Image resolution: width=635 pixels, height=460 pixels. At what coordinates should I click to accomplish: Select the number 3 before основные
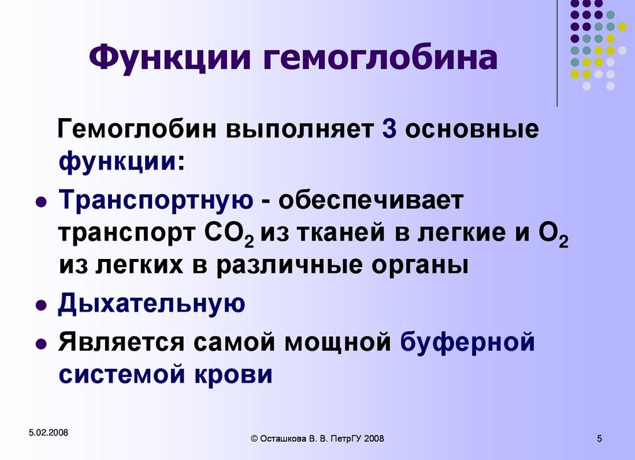(388, 129)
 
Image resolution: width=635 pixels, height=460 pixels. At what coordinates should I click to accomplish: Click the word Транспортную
(157, 200)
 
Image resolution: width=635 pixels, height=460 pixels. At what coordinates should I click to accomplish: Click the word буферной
(468, 342)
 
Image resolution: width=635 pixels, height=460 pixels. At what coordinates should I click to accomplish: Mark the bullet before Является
(40, 345)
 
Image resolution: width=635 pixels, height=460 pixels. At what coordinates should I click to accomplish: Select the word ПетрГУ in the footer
(347, 439)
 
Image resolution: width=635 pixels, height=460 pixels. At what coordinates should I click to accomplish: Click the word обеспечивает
(370, 200)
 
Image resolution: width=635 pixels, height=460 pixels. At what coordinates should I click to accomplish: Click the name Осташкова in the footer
(284, 439)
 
